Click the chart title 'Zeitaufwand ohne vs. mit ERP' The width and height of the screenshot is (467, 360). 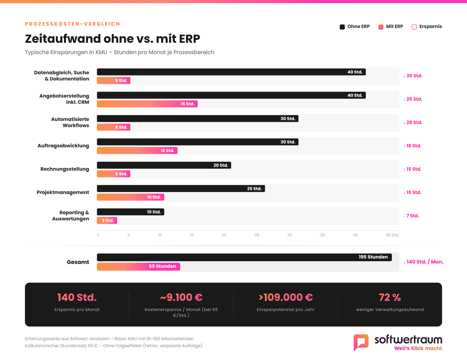(112, 39)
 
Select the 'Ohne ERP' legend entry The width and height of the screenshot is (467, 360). (355, 27)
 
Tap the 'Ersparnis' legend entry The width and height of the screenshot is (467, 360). (427, 27)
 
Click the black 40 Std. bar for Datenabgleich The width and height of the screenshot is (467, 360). (231, 72)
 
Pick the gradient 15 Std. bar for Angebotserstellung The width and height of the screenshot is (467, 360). (147, 104)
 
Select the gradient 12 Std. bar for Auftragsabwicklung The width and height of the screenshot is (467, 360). (137, 151)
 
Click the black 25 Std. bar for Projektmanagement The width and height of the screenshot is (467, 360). (180, 189)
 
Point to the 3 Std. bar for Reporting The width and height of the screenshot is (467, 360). (107, 220)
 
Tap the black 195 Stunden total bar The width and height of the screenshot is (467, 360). (244, 257)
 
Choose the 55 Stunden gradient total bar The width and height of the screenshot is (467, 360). (138, 266)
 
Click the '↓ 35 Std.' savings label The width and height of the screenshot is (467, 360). (413, 76)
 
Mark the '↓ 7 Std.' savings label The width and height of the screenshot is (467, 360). (411, 216)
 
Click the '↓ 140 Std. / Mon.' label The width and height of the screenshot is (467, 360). (423, 262)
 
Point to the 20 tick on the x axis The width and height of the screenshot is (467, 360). (224, 235)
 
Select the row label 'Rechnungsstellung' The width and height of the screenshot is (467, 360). (65, 169)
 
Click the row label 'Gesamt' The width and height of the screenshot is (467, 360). (78, 262)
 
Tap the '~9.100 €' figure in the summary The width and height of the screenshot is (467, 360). (181, 297)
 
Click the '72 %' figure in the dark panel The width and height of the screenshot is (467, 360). (389, 297)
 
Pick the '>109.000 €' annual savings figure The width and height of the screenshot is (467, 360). (285, 297)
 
